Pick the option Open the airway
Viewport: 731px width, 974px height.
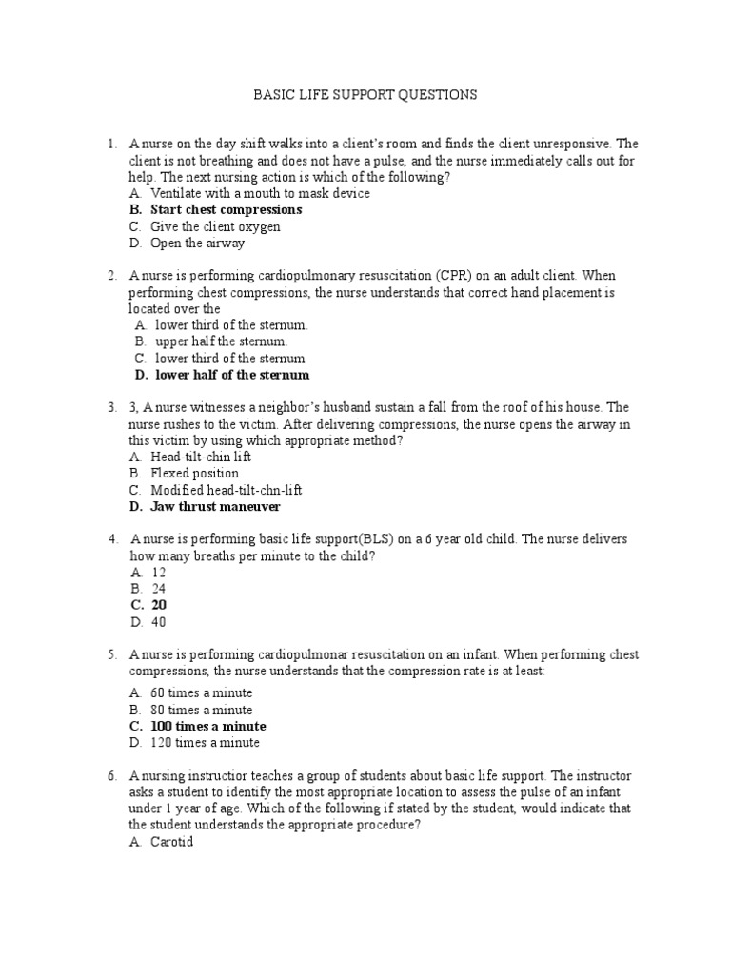pos(197,243)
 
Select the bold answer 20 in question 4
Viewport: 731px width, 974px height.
pos(159,605)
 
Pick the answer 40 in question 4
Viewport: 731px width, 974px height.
pos(159,622)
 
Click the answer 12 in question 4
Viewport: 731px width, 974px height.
pos(159,573)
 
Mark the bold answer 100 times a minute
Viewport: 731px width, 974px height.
pos(208,726)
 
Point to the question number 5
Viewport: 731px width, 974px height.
pos(111,655)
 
